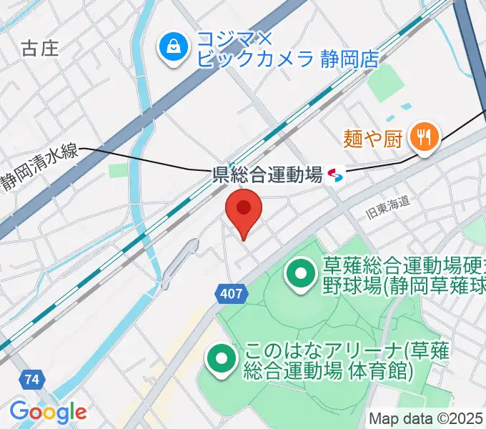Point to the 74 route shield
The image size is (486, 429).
30,380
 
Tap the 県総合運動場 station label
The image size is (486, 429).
268,174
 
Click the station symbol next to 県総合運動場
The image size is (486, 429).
334,174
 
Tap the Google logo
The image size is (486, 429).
48,412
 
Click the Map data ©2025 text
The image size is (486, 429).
426,419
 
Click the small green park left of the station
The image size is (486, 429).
117,171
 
